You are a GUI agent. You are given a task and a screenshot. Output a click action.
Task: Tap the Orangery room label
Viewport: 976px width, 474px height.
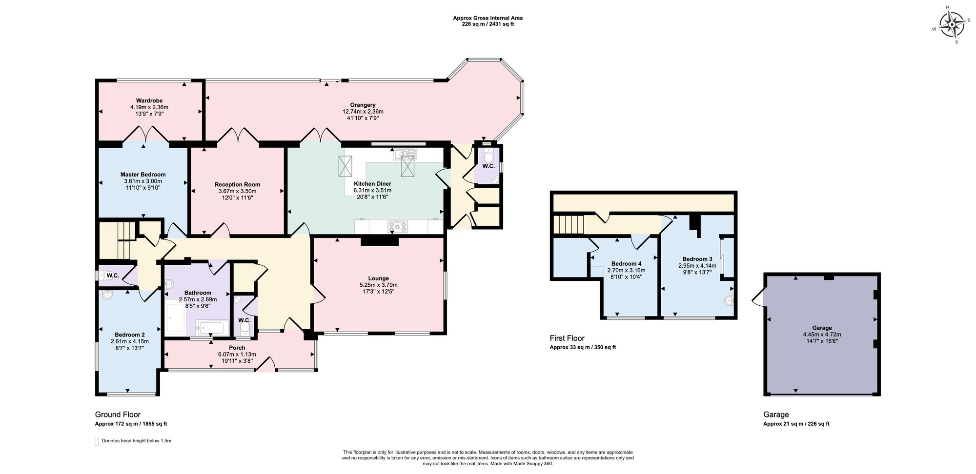pyautogui.click(x=363, y=105)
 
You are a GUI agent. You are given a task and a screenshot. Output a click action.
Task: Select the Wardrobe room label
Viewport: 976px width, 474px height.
pyautogui.click(x=149, y=101)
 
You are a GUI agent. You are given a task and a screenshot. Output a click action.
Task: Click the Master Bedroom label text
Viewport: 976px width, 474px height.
pyautogui.click(x=143, y=175)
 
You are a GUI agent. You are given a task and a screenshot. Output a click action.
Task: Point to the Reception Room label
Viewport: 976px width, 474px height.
pyautogui.click(x=237, y=184)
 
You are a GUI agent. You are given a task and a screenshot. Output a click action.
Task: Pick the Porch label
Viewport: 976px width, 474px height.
pyautogui.click(x=237, y=348)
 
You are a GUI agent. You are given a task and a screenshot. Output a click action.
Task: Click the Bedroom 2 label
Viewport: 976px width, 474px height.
pyautogui.click(x=130, y=335)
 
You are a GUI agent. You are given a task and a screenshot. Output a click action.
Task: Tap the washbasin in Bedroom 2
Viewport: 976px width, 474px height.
pyautogui.click(x=107, y=294)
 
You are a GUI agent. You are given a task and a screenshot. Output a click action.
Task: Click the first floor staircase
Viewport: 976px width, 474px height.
pyautogui.click(x=569, y=225)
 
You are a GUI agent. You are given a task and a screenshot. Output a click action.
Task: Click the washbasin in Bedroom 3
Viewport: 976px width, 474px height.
pyautogui.click(x=729, y=301)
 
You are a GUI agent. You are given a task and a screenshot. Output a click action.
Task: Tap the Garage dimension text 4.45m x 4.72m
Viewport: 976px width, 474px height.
pyautogui.click(x=822, y=335)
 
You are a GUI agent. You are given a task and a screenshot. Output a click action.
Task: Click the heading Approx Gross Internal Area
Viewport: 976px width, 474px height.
pyautogui.click(x=488, y=18)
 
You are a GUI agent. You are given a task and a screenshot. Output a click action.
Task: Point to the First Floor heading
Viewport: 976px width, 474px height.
pyautogui.click(x=567, y=338)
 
